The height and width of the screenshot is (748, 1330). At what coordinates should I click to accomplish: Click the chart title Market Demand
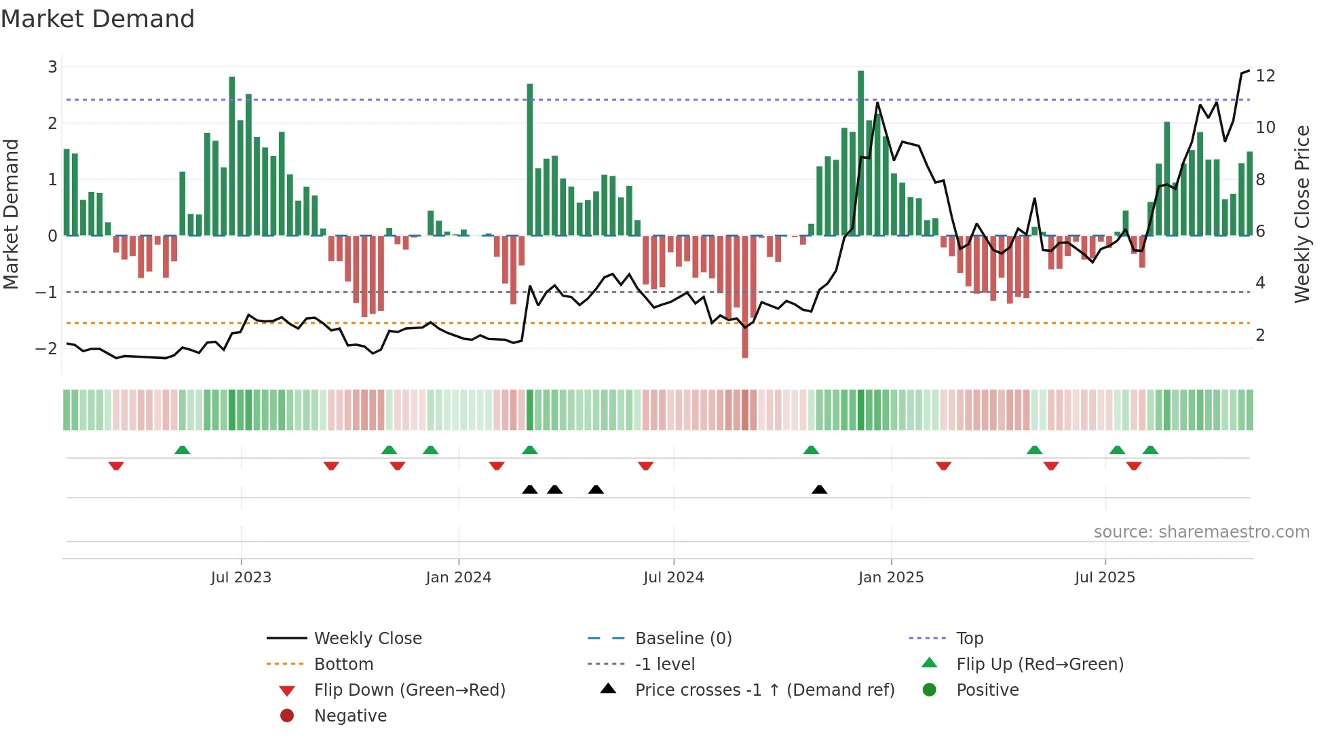(x=98, y=19)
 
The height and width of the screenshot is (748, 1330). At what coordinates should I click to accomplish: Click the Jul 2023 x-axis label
(x=241, y=578)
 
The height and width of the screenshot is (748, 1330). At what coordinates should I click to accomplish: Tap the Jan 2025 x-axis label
(x=890, y=578)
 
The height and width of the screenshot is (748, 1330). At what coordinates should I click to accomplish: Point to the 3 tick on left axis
(x=52, y=67)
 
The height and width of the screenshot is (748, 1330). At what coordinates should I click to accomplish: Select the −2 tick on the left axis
(x=47, y=348)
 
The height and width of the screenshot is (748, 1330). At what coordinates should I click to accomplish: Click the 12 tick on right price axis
(x=1265, y=75)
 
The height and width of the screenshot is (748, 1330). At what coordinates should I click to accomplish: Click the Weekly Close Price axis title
(x=1301, y=214)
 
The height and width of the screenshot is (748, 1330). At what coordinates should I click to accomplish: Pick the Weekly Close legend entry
(x=367, y=638)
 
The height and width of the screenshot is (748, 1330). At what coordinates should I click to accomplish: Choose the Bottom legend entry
(x=343, y=664)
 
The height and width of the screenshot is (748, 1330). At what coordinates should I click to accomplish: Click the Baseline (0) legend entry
(x=683, y=638)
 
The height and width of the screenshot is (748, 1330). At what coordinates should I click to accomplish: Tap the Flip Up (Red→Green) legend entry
(x=1040, y=664)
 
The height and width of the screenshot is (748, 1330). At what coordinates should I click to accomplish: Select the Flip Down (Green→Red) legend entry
(x=409, y=690)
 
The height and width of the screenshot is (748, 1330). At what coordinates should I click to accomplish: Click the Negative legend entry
(x=350, y=715)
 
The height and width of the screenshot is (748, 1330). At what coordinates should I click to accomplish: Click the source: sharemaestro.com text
(x=1201, y=531)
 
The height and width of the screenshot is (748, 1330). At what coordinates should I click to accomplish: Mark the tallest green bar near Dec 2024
(x=860, y=153)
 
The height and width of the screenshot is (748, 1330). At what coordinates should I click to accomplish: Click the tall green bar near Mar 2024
(x=530, y=160)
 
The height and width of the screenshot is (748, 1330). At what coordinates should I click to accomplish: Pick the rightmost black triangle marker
(x=819, y=489)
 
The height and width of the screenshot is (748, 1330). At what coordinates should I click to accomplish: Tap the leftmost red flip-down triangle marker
(x=116, y=466)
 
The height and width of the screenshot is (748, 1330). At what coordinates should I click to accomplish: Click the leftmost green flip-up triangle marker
(x=182, y=450)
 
